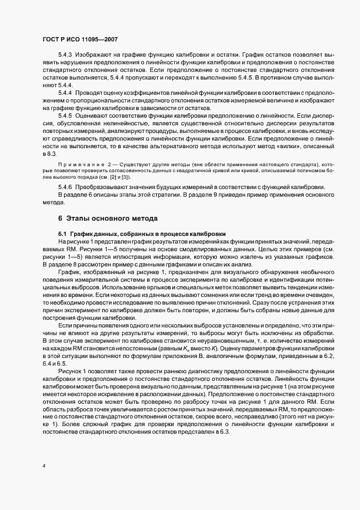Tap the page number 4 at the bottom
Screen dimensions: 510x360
[x=44, y=466]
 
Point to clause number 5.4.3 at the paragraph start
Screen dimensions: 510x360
[x=65, y=56]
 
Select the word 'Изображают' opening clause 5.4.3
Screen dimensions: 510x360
[x=94, y=56]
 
